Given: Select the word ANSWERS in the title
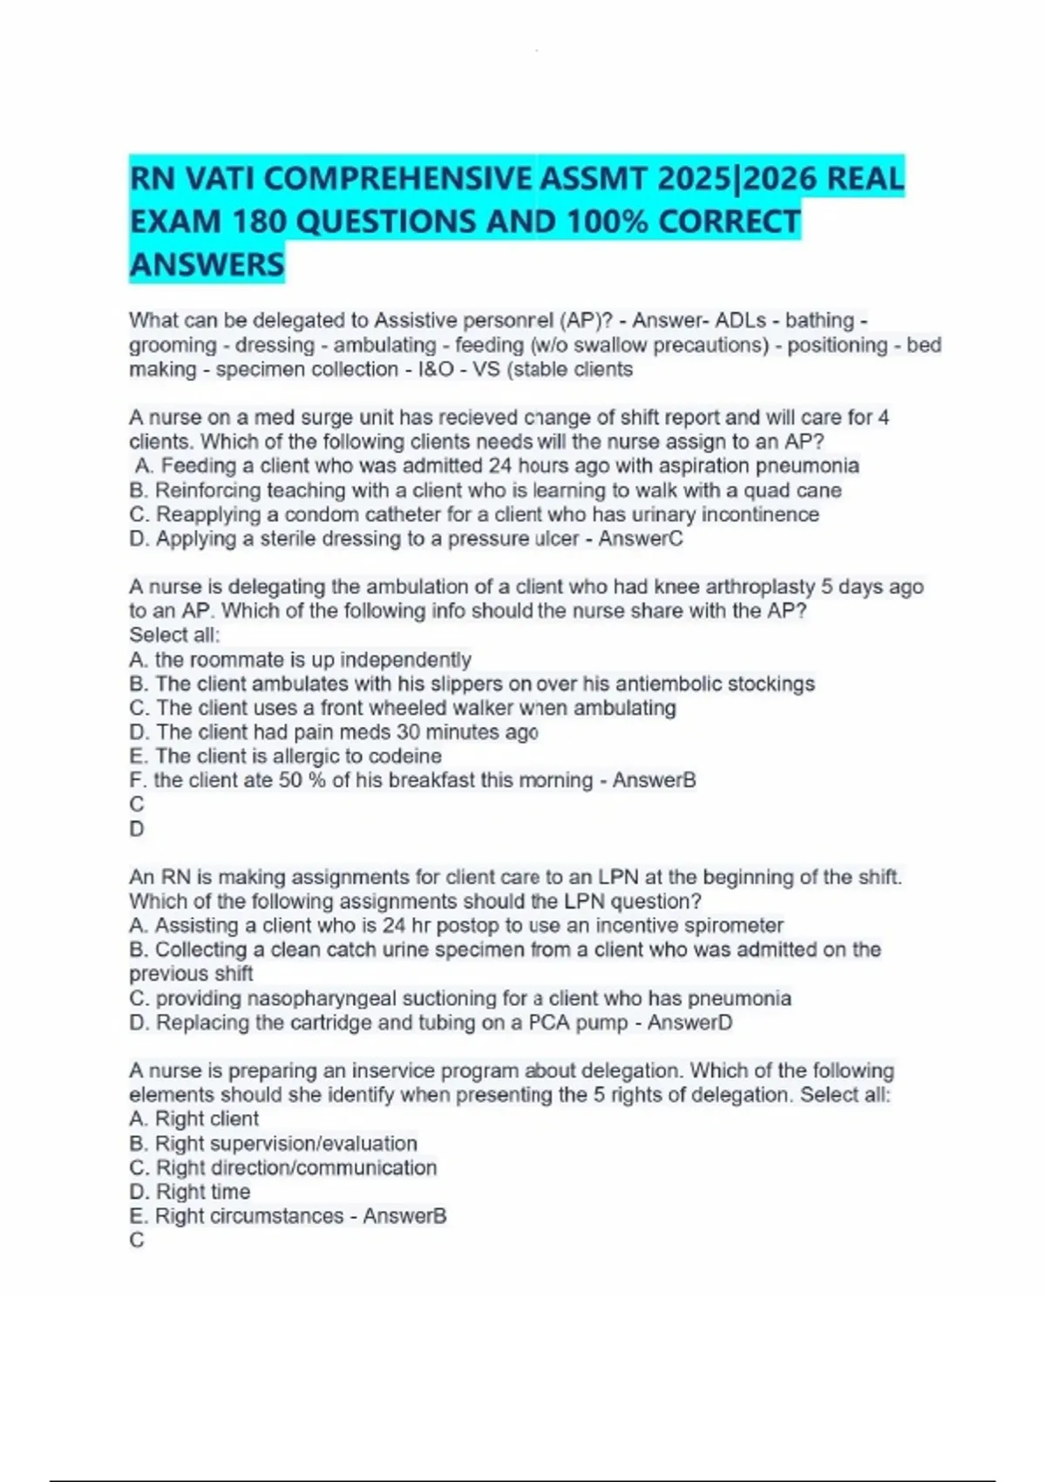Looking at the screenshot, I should tap(207, 265).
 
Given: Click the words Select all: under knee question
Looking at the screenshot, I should tap(174, 635).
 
